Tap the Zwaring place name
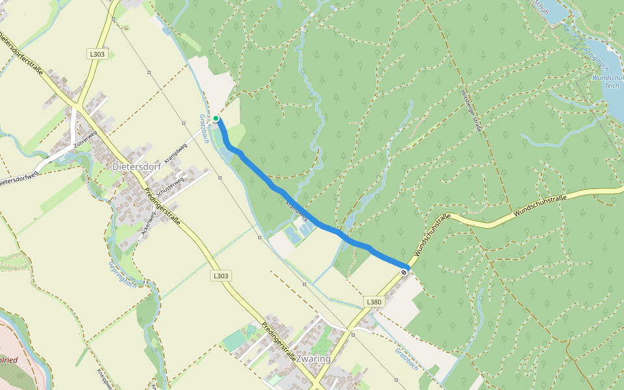[x=312, y=359]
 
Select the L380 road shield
[x=373, y=302]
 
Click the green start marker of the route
[x=216, y=118]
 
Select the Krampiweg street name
[x=176, y=153]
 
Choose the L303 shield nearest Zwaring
[x=221, y=276]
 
